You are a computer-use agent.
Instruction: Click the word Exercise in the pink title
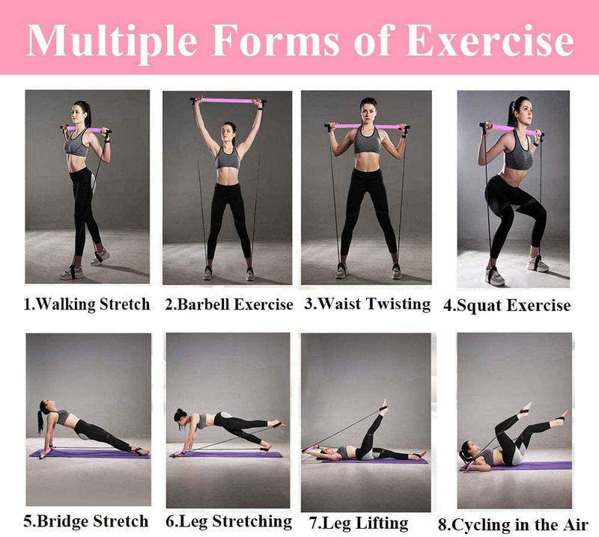click(x=490, y=41)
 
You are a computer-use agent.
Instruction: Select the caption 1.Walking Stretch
click(x=87, y=304)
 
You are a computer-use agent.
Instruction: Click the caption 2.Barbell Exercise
click(x=229, y=304)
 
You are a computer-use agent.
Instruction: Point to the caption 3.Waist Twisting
click(x=368, y=304)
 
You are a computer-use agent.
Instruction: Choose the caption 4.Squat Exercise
click(x=507, y=306)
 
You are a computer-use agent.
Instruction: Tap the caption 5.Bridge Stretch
click(x=86, y=521)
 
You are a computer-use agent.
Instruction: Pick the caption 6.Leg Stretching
click(x=228, y=522)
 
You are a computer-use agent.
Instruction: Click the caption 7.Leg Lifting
click(x=359, y=524)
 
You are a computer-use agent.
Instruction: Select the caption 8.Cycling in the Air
click(x=513, y=525)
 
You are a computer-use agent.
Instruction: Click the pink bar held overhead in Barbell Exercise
click(x=228, y=101)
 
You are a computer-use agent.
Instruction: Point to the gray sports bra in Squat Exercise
click(x=518, y=154)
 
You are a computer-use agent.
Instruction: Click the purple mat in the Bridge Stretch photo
click(x=90, y=454)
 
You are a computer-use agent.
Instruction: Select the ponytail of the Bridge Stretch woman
click(x=40, y=422)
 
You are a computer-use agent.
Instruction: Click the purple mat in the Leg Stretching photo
click(x=227, y=454)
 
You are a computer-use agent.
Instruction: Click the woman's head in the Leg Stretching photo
click(x=181, y=417)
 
